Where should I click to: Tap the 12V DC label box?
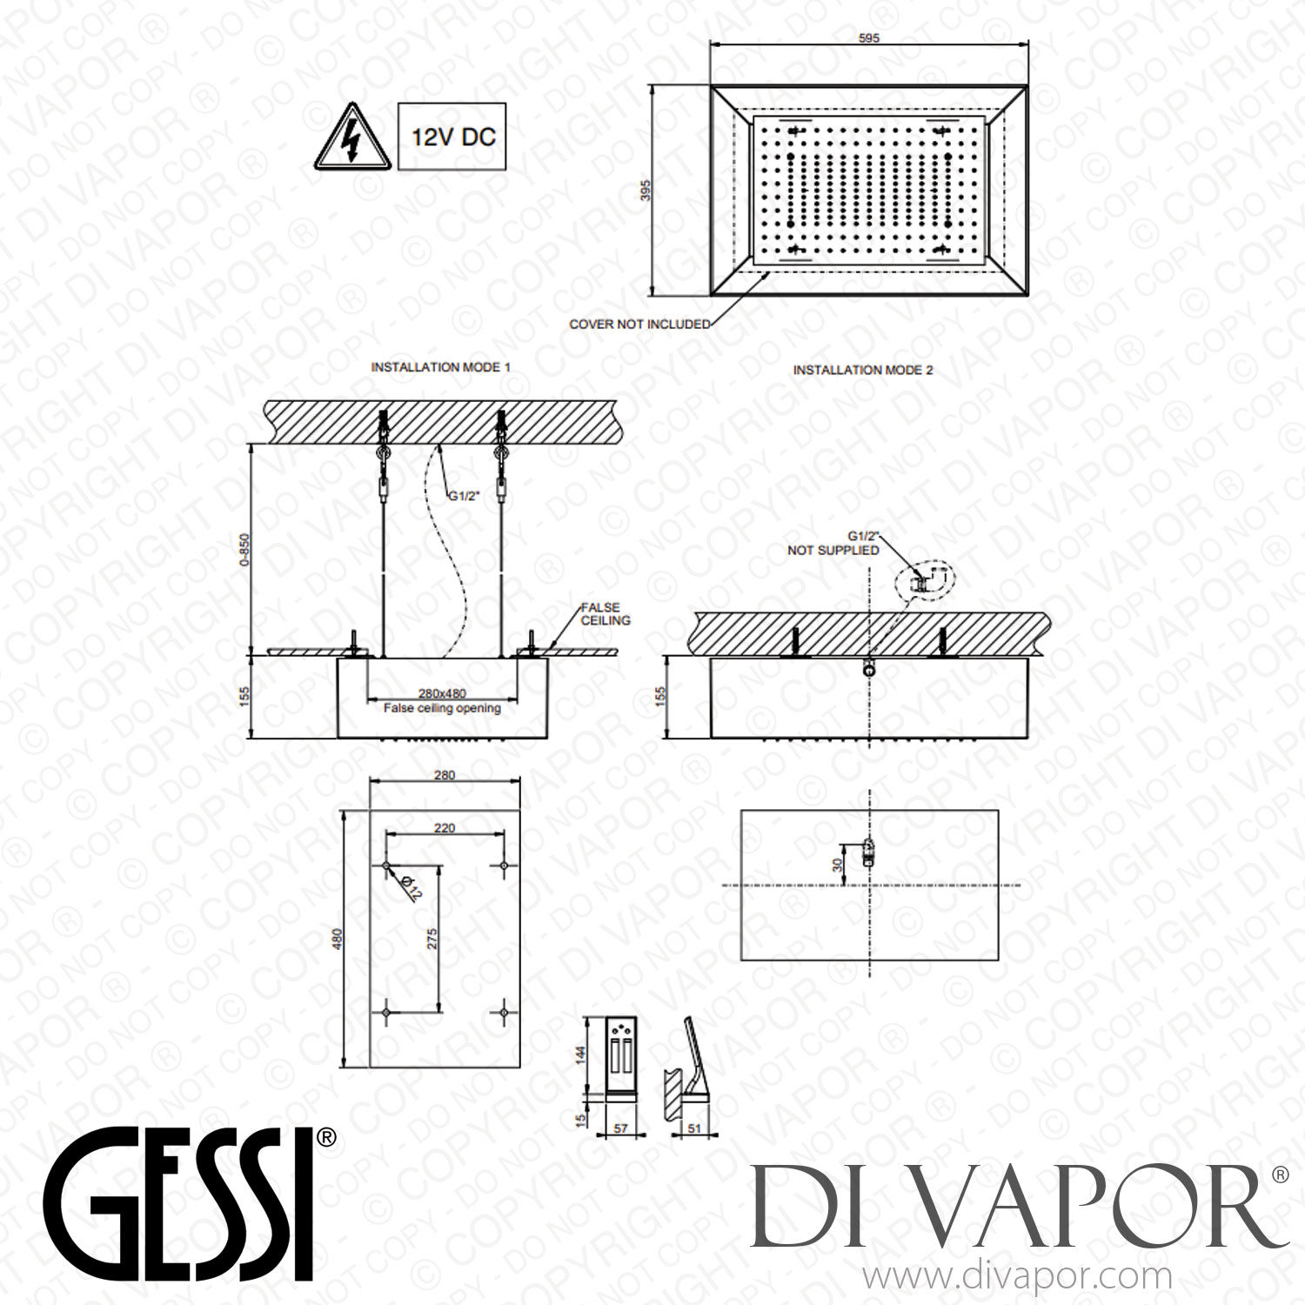click(452, 137)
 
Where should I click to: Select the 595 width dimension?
click(868, 37)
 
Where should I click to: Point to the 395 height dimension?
click(646, 191)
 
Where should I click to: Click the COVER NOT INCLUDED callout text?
click(639, 324)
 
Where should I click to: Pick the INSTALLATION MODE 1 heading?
click(440, 367)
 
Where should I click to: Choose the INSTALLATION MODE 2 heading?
click(862, 370)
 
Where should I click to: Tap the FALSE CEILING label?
click(606, 614)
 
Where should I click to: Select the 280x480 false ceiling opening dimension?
click(442, 693)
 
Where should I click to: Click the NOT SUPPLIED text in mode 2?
click(833, 550)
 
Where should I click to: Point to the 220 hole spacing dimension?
click(445, 828)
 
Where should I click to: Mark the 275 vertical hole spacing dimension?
click(432, 939)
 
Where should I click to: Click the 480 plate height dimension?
click(338, 939)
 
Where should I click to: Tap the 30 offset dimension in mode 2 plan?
click(837, 865)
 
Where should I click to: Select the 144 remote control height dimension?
click(581, 1054)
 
